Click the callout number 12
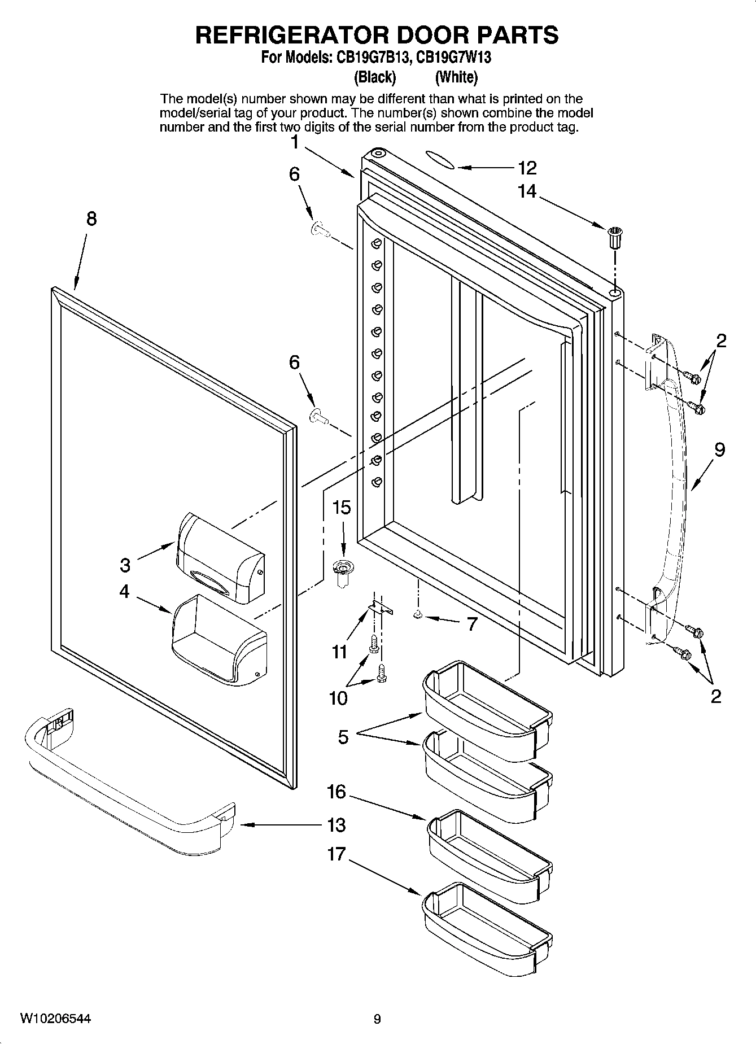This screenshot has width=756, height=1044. (x=527, y=168)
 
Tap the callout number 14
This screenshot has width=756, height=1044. (x=527, y=192)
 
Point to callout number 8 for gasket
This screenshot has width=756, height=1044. (x=91, y=219)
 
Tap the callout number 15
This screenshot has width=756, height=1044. (x=341, y=508)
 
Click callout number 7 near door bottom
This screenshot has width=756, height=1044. (x=471, y=624)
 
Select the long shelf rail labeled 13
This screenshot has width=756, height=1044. (x=130, y=782)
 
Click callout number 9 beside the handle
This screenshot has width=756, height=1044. (x=719, y=450)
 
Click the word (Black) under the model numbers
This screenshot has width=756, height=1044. (x=375, y=77)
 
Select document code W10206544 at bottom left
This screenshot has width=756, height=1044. (x=55, y=1019)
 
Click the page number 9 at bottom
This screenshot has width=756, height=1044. (x=377, y=1019)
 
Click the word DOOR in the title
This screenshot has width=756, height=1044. (x=431, y=35)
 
